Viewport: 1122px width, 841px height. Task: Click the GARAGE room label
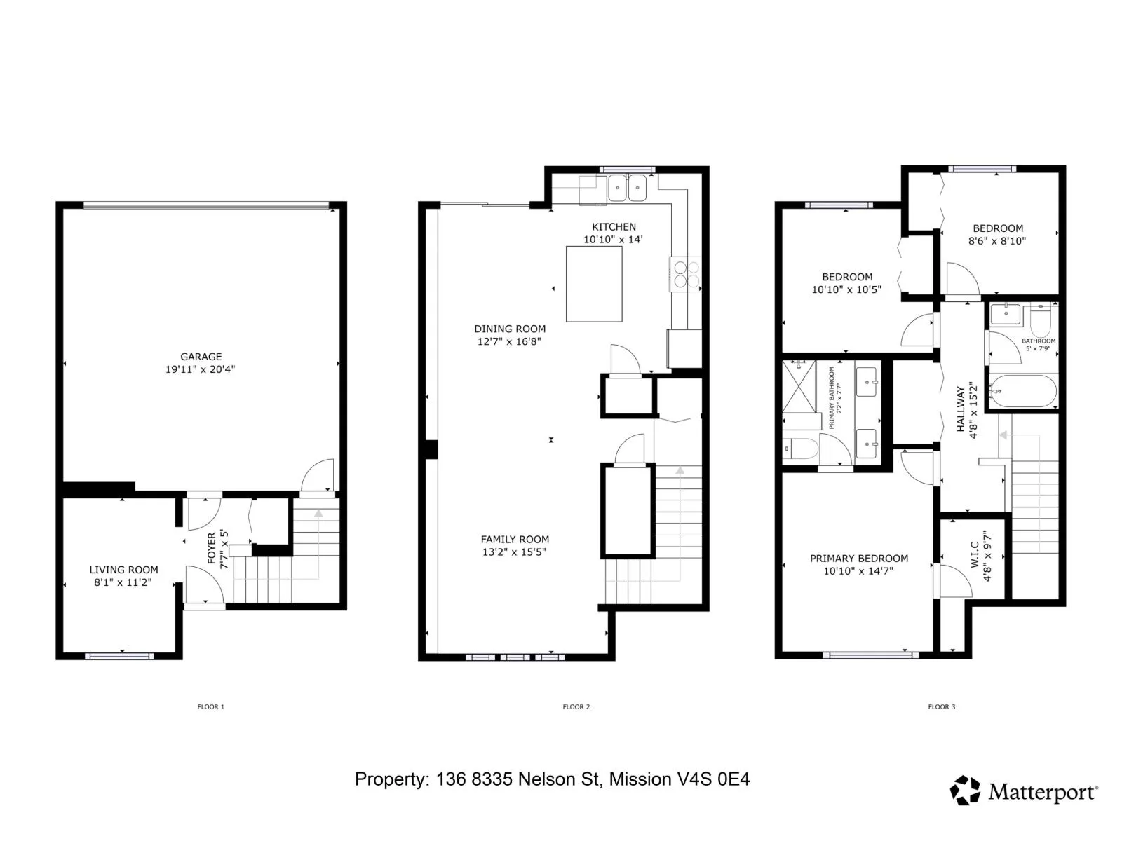click(x=201, y=357)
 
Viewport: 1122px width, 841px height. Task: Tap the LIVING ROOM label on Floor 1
click(x=123, y=569)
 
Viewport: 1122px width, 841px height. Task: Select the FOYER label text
click(x=212, y=549)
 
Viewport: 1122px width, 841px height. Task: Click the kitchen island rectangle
click(x=594, y=284)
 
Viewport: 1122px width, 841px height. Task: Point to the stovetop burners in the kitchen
click(x=687, y=274)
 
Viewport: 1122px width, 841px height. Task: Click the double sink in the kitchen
click(x=627, y=189)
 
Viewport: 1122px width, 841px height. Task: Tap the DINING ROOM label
click(x=510, y=329)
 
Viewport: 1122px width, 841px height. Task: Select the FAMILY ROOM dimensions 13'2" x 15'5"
click(x=514, y=552)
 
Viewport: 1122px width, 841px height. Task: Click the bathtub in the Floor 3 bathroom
click(x=1023, y=391)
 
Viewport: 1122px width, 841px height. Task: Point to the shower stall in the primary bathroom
click(x=799, y=387)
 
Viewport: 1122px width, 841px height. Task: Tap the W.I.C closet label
click(x=974, y=555)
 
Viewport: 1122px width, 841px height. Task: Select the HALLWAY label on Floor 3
click(x=961, y=409)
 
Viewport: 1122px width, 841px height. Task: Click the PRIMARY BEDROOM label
click(x=859, y=558)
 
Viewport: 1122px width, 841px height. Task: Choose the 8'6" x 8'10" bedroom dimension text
click(x=997, y=241)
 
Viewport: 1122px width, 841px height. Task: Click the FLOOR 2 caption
click(x=576, y=706)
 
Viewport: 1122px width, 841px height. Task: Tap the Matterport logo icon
click(x=965, y=791)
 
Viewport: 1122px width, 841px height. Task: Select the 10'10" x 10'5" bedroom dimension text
click(x=846, y=289)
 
